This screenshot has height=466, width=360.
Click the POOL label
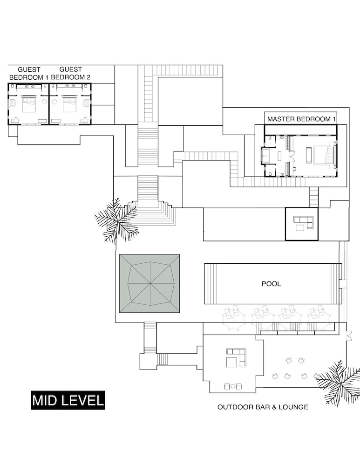271,284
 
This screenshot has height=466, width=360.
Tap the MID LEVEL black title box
68,400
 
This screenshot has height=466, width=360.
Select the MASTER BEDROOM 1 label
301,119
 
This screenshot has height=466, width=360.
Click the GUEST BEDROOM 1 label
29,74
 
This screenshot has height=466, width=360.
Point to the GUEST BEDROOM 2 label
71,74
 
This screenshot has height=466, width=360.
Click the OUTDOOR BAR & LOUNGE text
263,407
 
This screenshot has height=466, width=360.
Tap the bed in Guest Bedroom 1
28,104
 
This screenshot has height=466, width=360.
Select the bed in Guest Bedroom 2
70,104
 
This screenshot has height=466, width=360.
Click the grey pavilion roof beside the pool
149,283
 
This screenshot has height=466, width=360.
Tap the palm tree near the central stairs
117,220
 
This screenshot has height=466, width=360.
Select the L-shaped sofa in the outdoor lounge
237,356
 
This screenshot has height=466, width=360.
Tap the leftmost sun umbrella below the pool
234,318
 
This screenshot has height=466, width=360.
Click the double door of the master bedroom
292,156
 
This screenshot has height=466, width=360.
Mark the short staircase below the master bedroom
314,197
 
